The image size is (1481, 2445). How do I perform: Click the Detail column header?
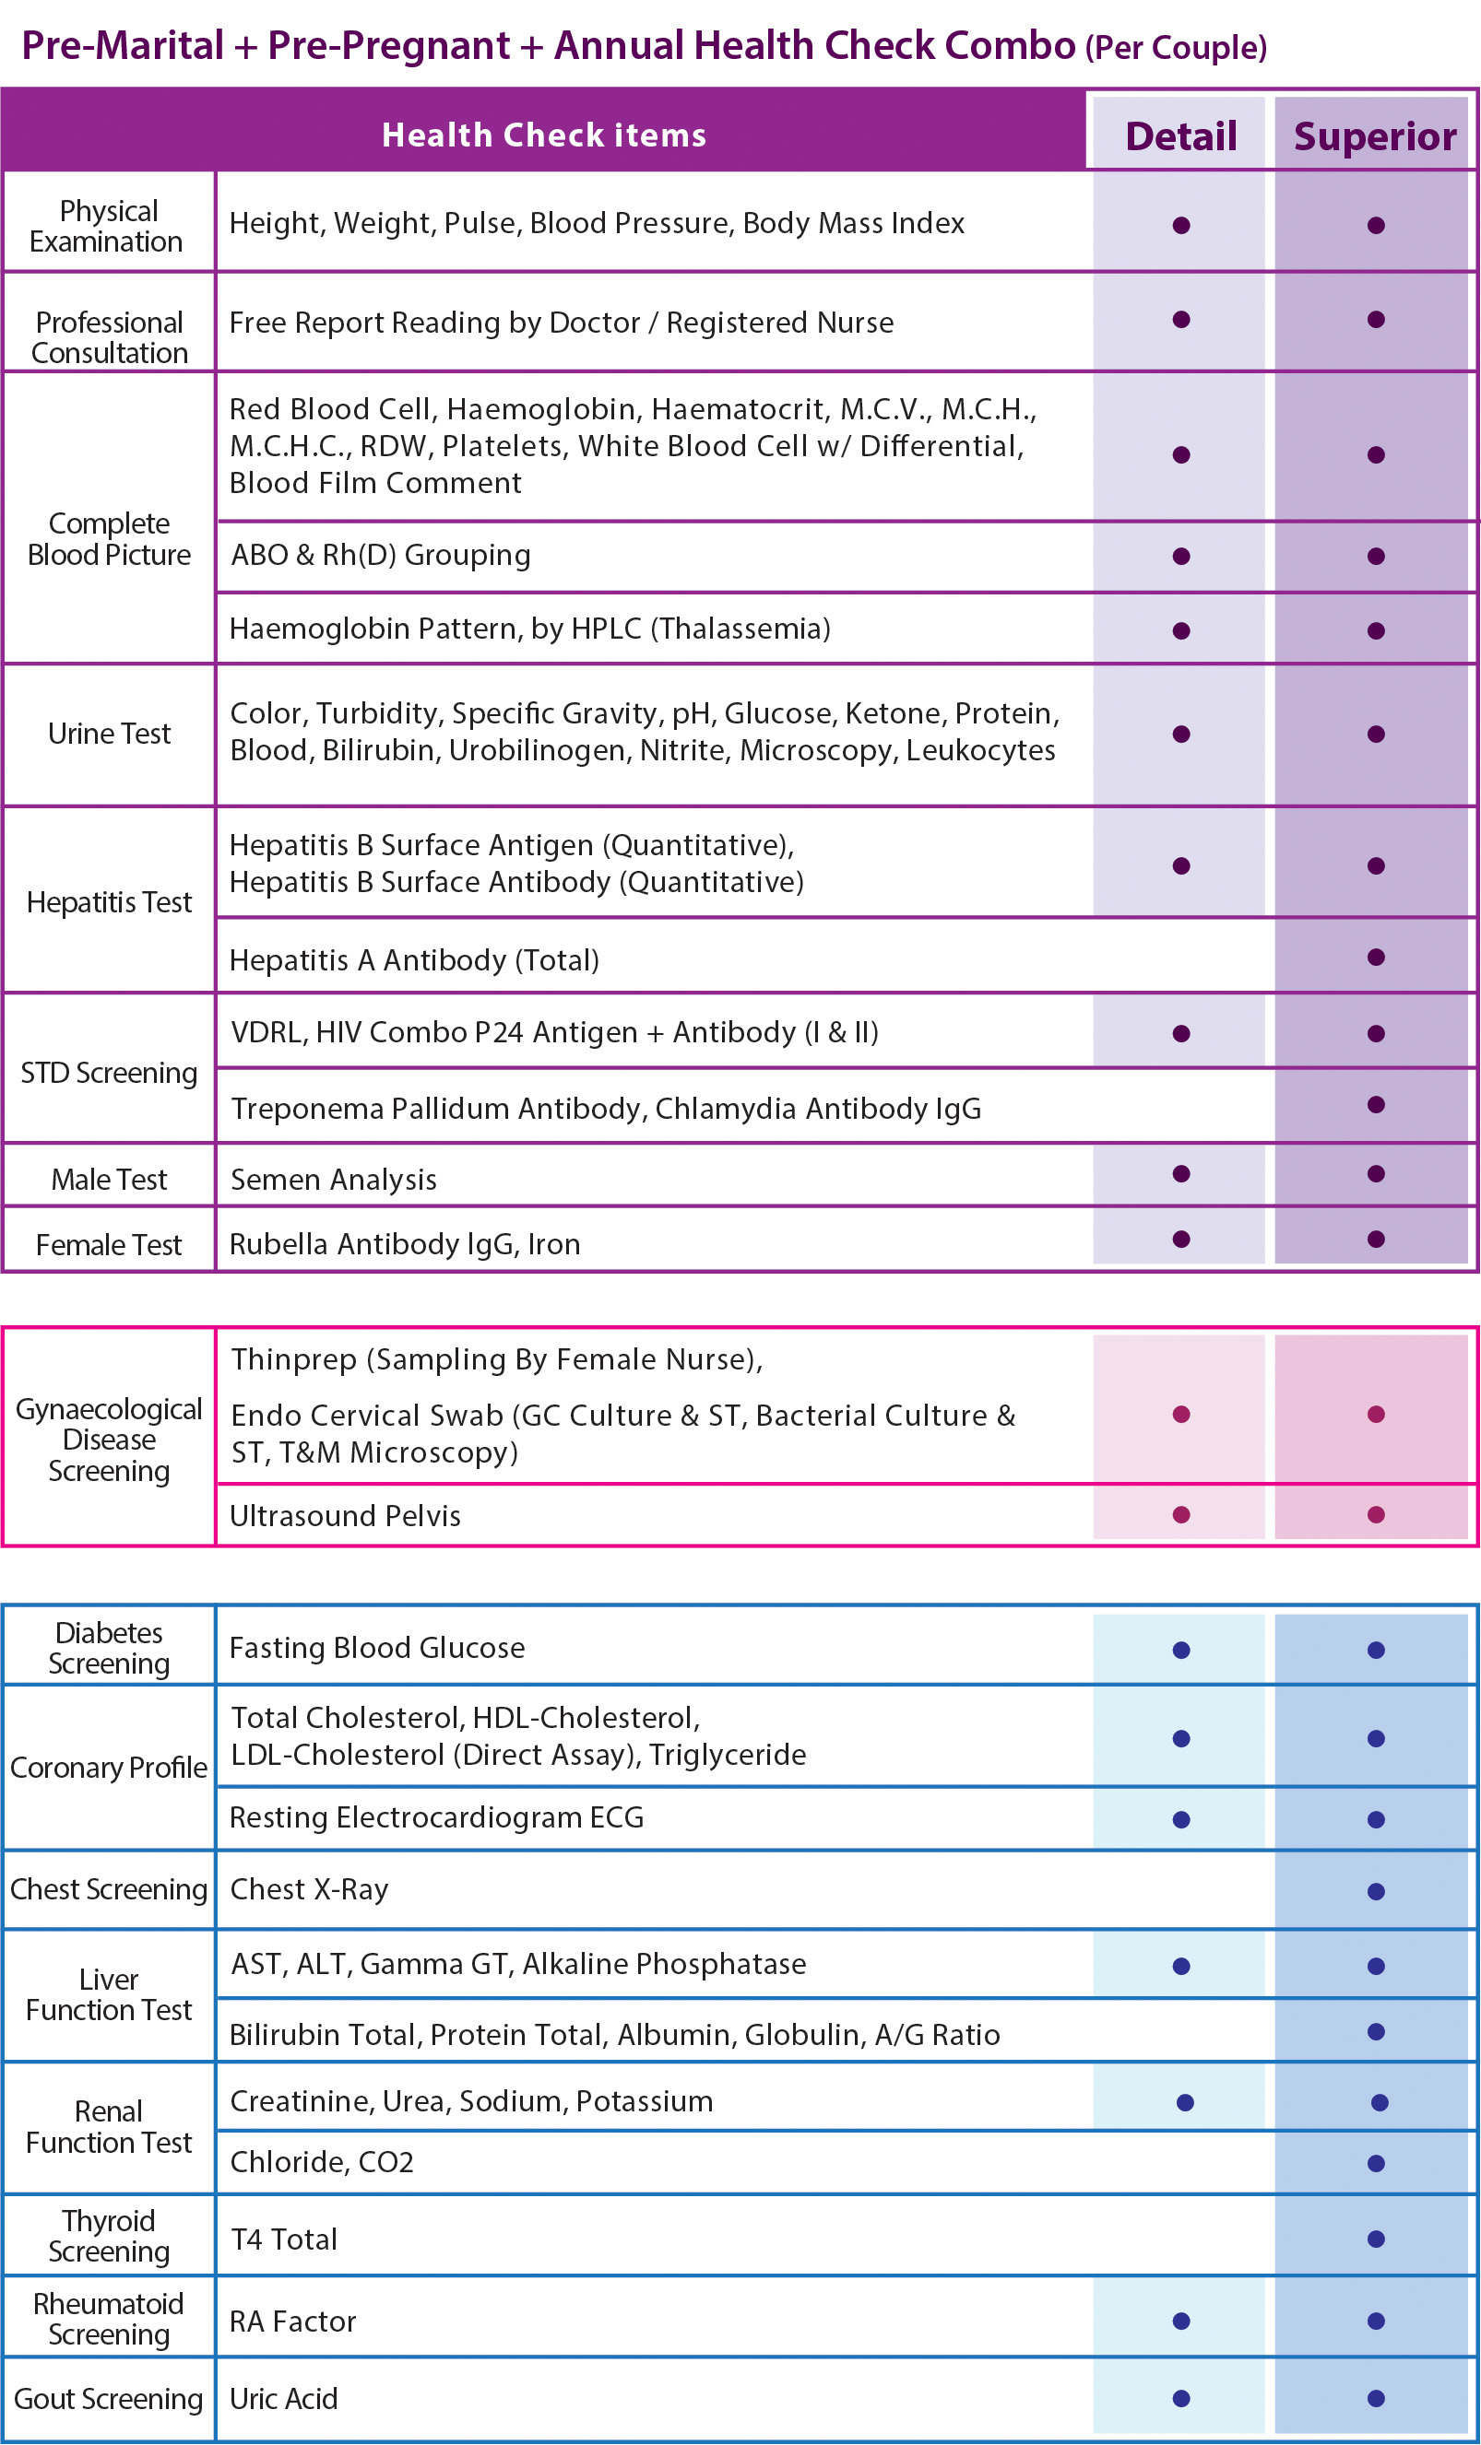click(x=1180, y=136)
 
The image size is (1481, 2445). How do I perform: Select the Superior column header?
click(x=1375, y=136)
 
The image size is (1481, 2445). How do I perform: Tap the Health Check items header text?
click(x=544, y=135)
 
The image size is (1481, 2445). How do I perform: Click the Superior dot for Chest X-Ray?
click(x=1376, y=1891)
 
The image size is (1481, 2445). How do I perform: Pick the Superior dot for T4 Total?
click(x=1376, y=2239)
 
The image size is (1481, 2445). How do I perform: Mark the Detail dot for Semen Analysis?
click(x=1181, y=1174)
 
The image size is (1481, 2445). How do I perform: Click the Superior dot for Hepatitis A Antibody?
click(x=1376, y=958)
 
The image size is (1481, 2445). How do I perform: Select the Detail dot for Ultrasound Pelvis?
click(x=1181, y=1515)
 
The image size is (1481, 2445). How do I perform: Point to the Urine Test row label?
click(x=109, y=734)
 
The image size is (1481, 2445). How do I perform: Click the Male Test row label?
click(x=109, y=1179)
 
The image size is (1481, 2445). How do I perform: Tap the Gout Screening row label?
click(x=108, y=2398)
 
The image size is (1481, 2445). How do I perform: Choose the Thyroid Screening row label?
click(x=109, y=2236)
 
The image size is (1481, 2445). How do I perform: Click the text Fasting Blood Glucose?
click(x=377, y=1648)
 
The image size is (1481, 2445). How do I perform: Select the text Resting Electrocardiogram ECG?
click(x=437, y=1818)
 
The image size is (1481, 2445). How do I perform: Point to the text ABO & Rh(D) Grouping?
click(x=380, y=555)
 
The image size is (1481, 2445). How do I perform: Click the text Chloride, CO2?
click(x=322, y=2162)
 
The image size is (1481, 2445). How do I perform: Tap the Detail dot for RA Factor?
click(x=1181, y=2321)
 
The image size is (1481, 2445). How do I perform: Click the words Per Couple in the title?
click(x=1175, y=48)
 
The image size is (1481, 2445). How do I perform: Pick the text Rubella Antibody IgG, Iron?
click(x=405, y=1243)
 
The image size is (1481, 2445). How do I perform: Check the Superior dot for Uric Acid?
click(x=1376, y=2398)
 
